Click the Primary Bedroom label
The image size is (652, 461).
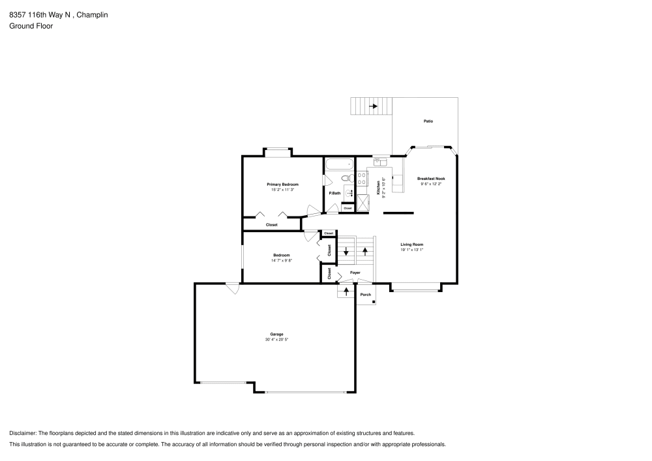[x=282, y=185]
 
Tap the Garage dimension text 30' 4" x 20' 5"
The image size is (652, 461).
[x=276, y=340]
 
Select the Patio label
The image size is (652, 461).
[x=428, y=121]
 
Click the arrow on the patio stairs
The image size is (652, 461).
[x=374, y=106]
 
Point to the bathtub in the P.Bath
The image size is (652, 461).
[x=338, y=164]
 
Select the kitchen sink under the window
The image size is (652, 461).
[x=381, y=161]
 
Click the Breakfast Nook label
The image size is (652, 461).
[x=431, y=178]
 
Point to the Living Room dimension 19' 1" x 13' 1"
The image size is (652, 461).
[x=412, y=250]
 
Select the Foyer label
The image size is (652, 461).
[x=355, y=273]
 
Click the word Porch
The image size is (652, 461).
[x=366, y=295]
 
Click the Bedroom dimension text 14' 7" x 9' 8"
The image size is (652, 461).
[x=282, y=261]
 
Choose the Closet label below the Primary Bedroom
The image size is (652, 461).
[x=271, y=225]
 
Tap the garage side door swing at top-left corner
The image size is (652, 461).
[x=231, y=288]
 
